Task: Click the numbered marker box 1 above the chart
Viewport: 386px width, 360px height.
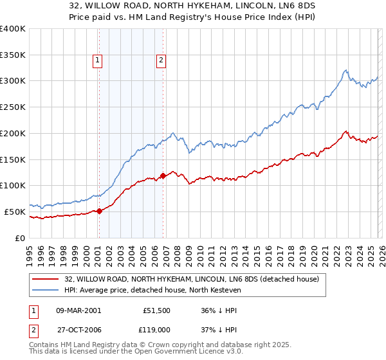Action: [97, 61]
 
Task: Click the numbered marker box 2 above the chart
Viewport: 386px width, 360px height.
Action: [160, 61]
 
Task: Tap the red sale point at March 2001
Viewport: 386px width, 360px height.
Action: [99, 211]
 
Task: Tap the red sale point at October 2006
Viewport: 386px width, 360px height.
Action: [163, 175]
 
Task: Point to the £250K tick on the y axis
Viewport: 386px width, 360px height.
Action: [13, 107]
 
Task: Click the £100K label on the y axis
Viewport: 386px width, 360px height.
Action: [13, 186]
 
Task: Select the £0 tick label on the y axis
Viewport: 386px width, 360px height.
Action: [19, 238]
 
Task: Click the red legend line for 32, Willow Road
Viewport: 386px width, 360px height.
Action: [46, 279]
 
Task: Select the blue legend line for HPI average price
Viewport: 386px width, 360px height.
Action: [46, 291]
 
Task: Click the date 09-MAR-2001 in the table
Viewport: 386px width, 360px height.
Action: [78, 310]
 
